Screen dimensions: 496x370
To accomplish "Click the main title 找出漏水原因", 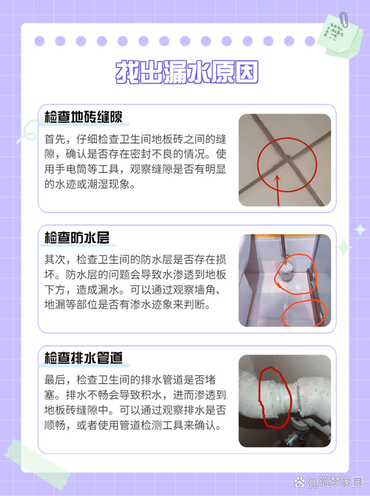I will tap(186, 73).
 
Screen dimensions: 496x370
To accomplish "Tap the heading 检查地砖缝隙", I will tap(83, 118).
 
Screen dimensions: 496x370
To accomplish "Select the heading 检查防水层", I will tap(77, 238).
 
